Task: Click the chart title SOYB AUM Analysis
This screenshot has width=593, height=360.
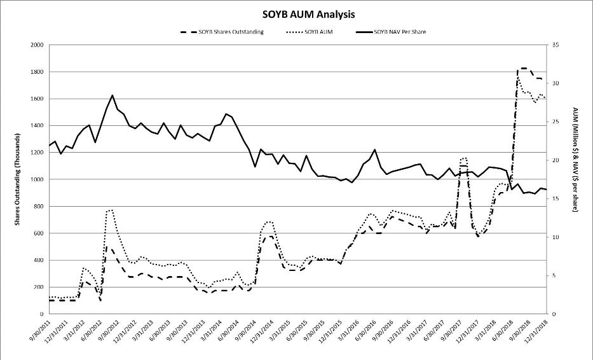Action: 309,15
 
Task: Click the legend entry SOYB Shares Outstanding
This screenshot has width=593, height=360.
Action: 222,32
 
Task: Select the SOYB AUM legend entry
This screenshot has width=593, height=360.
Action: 310,32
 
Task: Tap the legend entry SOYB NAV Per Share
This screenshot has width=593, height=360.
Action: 391,32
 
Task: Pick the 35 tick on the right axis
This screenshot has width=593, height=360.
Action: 556,45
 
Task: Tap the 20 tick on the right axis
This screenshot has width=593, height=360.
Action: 556,160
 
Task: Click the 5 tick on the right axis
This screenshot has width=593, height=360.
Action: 554,275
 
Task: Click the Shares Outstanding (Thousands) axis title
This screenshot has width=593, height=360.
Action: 17,180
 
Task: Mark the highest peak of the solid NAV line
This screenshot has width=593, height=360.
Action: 112,95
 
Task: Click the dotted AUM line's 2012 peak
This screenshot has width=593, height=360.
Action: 110,210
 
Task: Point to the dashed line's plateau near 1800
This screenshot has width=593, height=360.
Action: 524,68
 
